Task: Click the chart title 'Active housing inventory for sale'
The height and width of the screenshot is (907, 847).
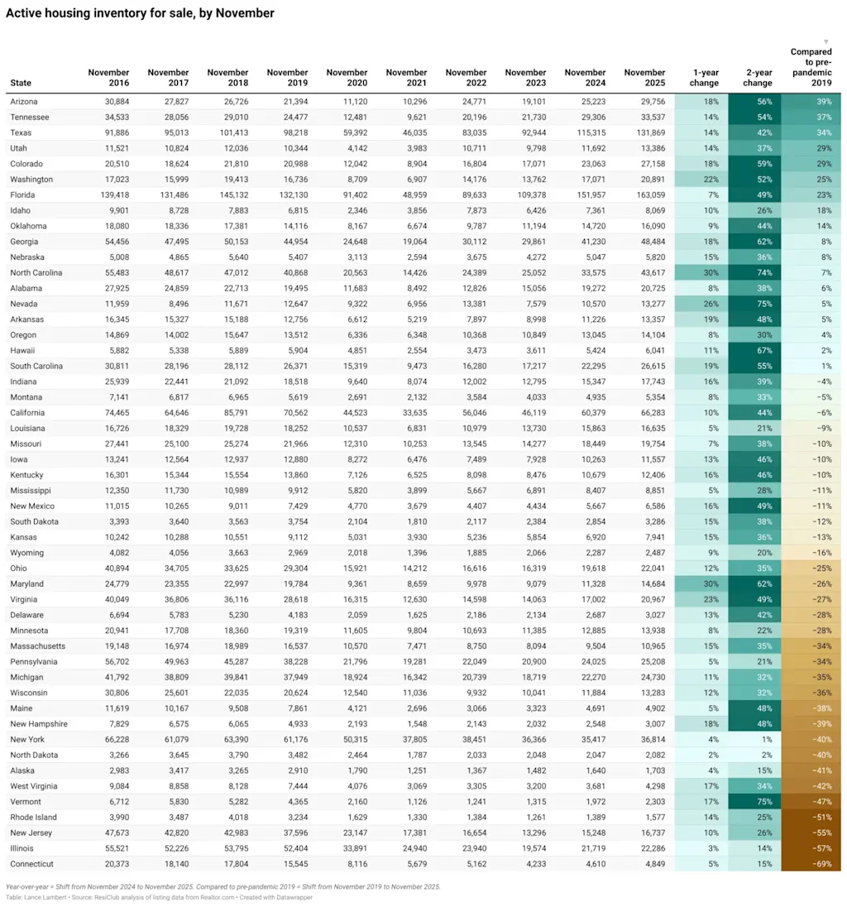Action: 140,13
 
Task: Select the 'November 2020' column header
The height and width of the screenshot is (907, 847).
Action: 347,78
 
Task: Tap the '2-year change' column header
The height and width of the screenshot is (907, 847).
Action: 757,78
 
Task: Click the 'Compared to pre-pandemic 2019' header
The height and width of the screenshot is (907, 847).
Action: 811,67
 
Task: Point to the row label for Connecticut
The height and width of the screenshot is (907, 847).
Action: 32,864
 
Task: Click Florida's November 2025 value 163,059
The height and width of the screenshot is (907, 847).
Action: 644,194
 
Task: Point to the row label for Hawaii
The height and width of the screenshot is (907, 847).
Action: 23,350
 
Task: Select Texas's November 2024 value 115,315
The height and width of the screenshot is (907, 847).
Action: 586,132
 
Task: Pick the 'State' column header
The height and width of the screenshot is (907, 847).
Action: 21,83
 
